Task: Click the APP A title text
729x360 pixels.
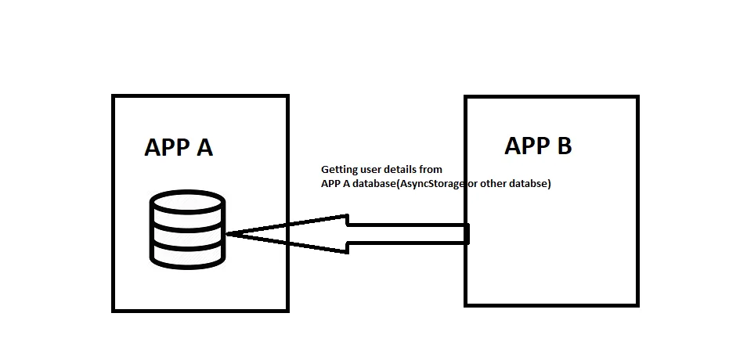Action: pyautogui.click(x=179, y=147)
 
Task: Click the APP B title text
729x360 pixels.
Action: pyautogui.click(x=538, y=146)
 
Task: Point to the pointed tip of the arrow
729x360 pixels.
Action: pyautogui.click(x=228, y=234)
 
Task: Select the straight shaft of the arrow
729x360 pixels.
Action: pyautogui.click(x=407, y=233)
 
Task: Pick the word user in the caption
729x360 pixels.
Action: pyautogui.click(x=374, y=169)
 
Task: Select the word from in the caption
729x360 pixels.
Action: pyautogui.click(x=432, y=169)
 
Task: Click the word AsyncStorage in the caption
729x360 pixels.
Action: pyautogui.click(x=433, y=185)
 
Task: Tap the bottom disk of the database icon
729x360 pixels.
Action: pyautogui.click(x=187, y=252)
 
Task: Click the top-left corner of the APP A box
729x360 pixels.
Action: pyautogui.click(x=114, y=96)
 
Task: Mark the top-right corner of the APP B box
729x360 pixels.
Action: pyautogui.click(x=637, y=97)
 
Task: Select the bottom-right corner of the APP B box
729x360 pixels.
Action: pyautogui.click(x=637, y=304)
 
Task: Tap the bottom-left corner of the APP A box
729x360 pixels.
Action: pyautogui.click(x=114, y=311)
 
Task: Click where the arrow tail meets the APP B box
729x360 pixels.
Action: pyautogui.click(x=467, y=233)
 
